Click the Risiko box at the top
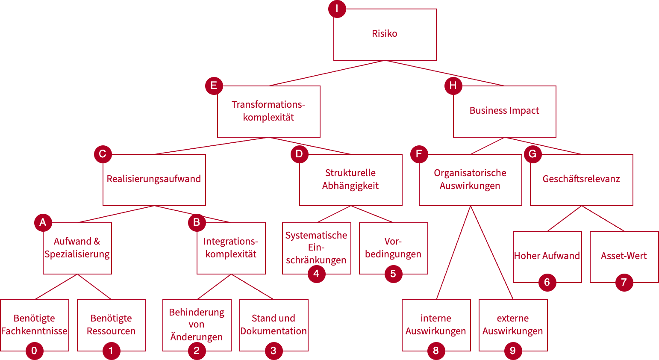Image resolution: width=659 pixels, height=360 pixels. (x=385, y=34)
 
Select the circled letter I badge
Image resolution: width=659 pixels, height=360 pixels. (x=337, y=9)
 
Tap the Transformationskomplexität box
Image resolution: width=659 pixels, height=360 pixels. (x=268, y=111)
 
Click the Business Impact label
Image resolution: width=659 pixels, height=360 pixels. (x=504, y=110)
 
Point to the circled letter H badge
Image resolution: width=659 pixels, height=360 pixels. (x=453, y=86)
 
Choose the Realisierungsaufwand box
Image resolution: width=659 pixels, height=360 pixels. (x=154, y=180)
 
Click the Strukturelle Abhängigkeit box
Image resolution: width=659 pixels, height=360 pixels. (x=350, y=180)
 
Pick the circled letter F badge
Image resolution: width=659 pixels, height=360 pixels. (x=419, y=154)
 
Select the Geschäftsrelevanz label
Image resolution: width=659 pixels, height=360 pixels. (x=581, y=179)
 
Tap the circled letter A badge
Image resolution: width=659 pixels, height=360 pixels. (x=43, y=222)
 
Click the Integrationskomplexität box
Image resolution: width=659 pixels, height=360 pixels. (x=231, y=248)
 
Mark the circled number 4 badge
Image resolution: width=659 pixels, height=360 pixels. (x=316, y=274)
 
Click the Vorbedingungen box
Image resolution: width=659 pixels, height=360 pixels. (x=393, y=248)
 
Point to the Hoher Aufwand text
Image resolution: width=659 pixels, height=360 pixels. (x=547, y=256)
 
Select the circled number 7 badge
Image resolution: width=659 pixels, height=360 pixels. (x=624, y=282)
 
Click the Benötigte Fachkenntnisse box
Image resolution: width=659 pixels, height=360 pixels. (x=34, y=325)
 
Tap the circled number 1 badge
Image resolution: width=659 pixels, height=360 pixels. (x=111, y=351)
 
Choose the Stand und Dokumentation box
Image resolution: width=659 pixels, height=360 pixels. (x=274, y=325)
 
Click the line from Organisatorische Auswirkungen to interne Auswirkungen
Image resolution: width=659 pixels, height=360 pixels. (x=453, y=253)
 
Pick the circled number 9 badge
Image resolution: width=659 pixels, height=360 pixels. (x=513, y=351)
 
